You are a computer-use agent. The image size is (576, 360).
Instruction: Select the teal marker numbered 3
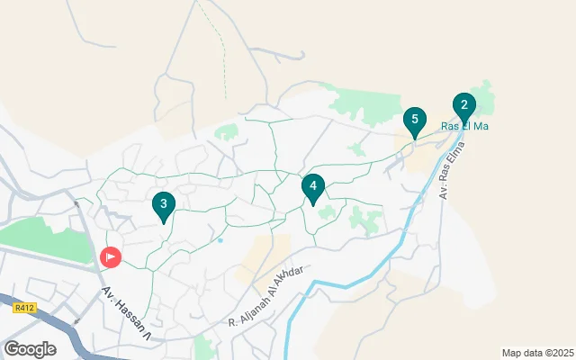pyautogui.click(x=163, y=206)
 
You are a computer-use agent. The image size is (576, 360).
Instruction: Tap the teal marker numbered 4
pyautogui.click(x=312, y=188)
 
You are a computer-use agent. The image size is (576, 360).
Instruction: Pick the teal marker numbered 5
pyautogui.click(x=414, y=121)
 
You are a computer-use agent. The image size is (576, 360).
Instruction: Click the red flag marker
pyautogui.click(x=110, y=257)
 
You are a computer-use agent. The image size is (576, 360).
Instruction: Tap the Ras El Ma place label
pyautogui.click(x=464, y=127)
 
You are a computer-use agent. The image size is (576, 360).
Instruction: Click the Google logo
pyautogui.click(x=31, y=348)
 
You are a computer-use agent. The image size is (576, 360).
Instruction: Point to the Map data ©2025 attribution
pyautogui.click(x=537, y=353)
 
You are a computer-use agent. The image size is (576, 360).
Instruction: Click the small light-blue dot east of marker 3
pyautogui.click(x=220, y=240)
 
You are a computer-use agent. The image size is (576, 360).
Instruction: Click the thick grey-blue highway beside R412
pyautogui.click(x=54, y=324)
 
